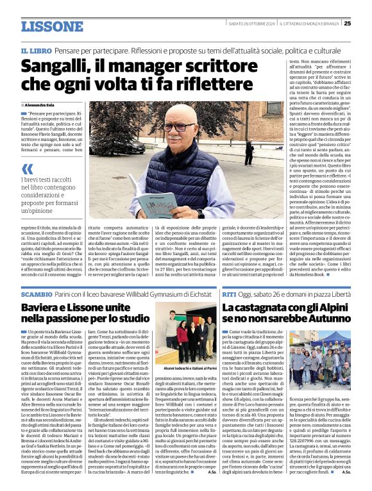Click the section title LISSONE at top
(52, 26)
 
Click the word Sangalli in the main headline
(59, 67)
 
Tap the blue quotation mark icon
(27, 169)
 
